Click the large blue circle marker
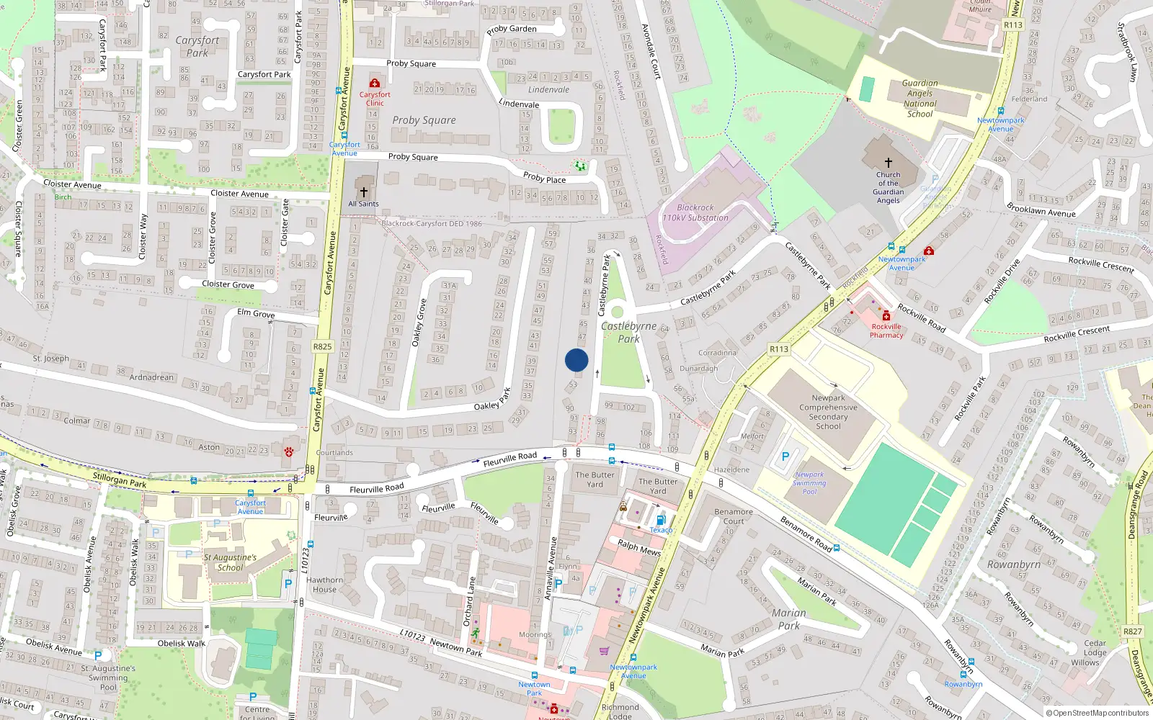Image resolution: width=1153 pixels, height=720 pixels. point(576,360)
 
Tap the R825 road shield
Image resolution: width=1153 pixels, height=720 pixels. point(322,346)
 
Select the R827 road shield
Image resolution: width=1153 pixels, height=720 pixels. point(1132,631)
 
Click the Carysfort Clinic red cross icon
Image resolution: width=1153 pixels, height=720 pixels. point(375,83)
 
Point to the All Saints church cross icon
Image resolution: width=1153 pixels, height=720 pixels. point(364,192)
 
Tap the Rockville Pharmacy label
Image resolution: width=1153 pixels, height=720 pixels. point(886,330)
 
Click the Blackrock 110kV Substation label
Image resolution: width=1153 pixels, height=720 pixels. point(695,212)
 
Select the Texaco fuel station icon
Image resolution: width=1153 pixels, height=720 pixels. point(661,520)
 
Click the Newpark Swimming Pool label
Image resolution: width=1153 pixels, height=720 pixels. point(809,483)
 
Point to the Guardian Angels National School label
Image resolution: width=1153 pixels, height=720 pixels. point(920,99)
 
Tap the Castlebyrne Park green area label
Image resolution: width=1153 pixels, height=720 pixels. point(628,332)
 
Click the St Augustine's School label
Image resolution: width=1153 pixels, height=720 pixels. point(230,562)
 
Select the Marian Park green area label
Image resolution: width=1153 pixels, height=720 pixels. point(788,619)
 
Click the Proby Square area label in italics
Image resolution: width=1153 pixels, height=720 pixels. point(424,120)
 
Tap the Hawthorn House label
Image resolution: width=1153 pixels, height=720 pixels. point(325,585)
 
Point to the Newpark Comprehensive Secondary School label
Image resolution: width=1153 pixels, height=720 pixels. point(828,412)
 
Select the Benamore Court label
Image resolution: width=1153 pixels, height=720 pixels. point(734,516)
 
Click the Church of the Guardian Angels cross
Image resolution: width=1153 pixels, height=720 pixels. point(889,163)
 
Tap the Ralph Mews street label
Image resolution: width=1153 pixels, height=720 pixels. point(639,548)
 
